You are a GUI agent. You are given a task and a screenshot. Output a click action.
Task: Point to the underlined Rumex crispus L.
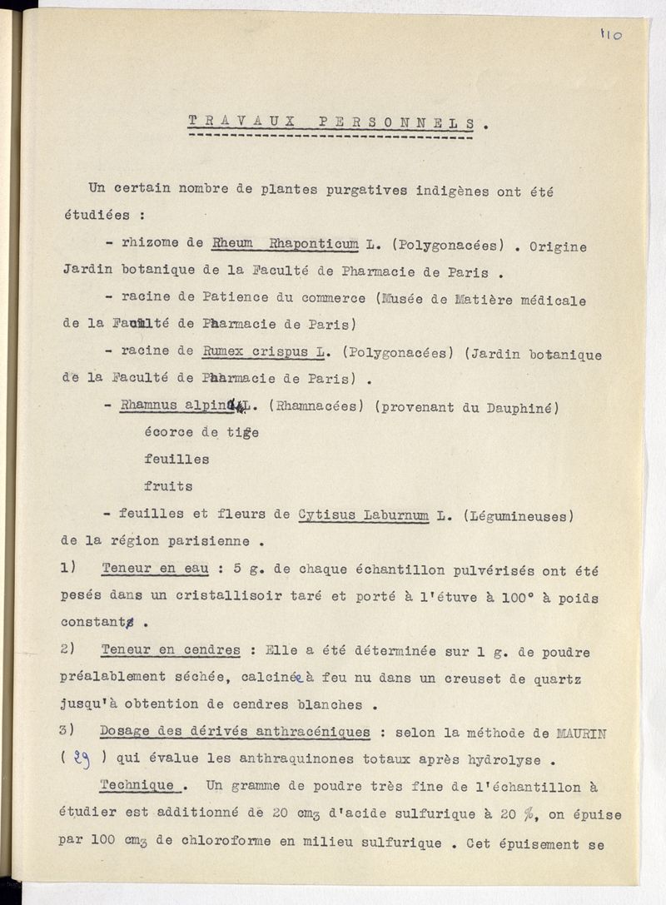point(263,352)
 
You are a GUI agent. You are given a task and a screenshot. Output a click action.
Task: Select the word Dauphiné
point(522,406)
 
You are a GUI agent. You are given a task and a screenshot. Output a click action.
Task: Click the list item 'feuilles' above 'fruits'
point(176,459)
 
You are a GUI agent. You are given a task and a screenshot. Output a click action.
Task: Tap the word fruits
point(168,485)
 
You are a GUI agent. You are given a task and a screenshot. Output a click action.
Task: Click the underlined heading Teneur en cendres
point(171,650)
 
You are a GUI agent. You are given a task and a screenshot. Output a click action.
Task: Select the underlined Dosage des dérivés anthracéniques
point(235,731)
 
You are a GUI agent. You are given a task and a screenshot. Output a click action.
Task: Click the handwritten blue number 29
point(82,758)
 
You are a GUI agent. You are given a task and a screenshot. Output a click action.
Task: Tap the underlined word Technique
point(137,785)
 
